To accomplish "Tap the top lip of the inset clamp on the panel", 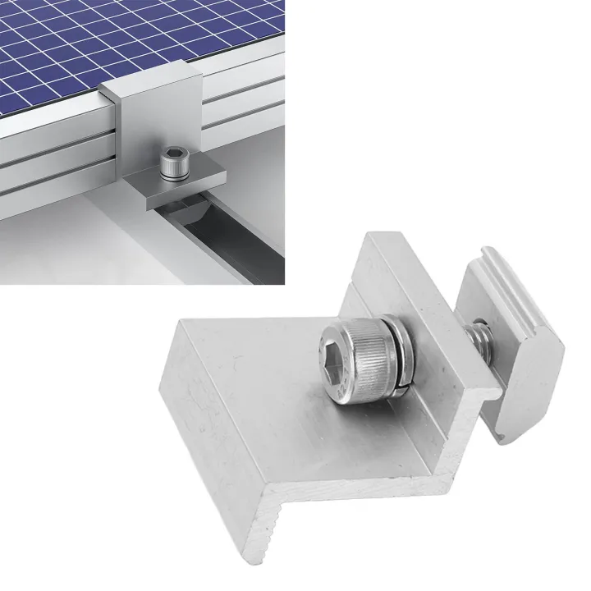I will [148, 84].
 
